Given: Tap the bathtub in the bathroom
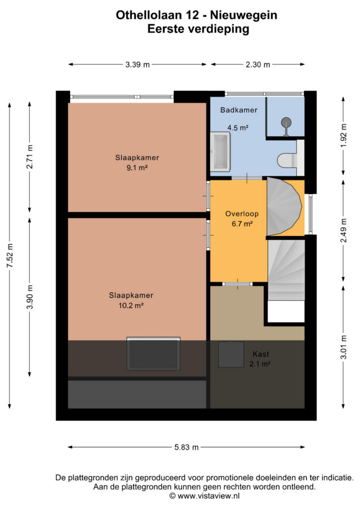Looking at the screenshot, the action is click(x=220, y=152).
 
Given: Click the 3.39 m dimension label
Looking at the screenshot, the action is click(x=138, y=65).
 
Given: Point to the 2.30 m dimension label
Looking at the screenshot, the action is click(x=258, y=65).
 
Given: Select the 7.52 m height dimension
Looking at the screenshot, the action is click(x=10, y=255).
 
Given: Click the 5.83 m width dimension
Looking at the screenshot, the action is click(x=186, y=447).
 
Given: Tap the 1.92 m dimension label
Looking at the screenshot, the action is click(x=344, y=135).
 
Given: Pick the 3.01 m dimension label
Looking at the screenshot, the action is click(x=344, y=347).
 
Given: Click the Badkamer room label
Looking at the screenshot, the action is click(x=239, y=110).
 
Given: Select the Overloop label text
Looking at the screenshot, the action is click(x=242, y=214).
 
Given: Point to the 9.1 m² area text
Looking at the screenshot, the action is click(x=137, y=168).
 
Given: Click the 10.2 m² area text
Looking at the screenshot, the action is click(x=131, y=306).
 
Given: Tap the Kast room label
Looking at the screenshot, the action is click(x=261, y=354).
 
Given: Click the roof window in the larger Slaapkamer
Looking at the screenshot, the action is click(x=153, y=353).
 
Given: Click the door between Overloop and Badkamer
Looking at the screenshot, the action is click(x=247, y=178).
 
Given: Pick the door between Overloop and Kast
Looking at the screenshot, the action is click(x=237, y=284).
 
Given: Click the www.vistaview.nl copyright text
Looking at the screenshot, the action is click(x=204, y=496).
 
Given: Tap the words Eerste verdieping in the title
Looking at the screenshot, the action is click(x=198, y=29).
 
